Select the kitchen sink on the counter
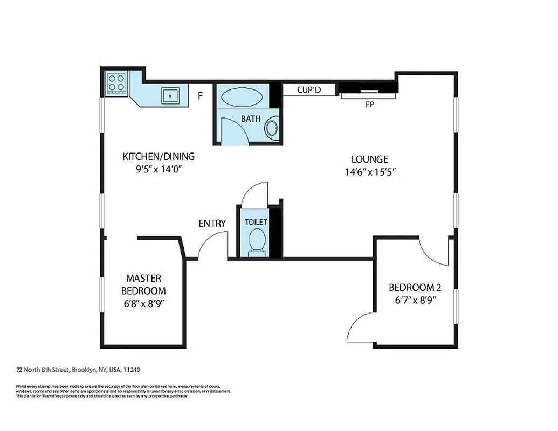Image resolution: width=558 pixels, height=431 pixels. [171, 95]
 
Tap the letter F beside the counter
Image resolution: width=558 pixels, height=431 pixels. [200, 96]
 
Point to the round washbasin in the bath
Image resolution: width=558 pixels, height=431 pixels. [273, 128]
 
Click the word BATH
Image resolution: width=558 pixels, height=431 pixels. [251, 119]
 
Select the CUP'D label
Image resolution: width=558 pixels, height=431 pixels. [309, 90]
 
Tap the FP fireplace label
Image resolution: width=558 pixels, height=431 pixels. [369, 105]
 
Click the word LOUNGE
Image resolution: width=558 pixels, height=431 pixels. [369, 159]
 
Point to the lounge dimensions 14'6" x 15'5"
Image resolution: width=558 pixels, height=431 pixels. [374, 172]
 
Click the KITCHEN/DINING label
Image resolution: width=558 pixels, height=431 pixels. [158, 157]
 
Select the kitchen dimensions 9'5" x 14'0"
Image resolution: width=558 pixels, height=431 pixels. [158, 169]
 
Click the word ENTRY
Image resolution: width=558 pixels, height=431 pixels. [212, 223]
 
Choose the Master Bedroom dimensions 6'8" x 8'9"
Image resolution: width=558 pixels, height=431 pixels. [143, 303]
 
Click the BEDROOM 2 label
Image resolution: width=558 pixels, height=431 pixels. [412, 287]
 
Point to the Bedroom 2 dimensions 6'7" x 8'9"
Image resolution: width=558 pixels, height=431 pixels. [412, 300]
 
